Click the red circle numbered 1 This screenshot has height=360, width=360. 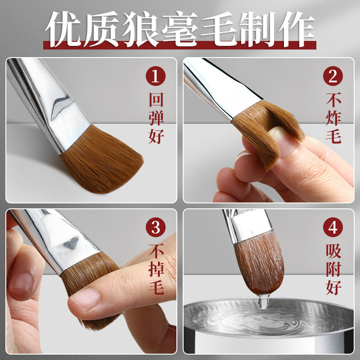[156, 76]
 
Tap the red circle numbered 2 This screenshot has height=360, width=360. [333, 76]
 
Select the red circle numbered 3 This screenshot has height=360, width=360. [156, 227]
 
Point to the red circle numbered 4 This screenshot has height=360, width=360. [333, 227]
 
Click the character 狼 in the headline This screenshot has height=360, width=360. [140, 29]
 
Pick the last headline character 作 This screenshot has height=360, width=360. [297, 29]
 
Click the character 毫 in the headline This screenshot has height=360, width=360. [180, 29]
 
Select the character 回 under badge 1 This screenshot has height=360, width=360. [156, 99]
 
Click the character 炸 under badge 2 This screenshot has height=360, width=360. [333, 118]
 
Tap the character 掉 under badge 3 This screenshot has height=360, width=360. [156, 269]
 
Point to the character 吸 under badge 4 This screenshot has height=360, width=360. [333, 251]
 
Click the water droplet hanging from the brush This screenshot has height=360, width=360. [263, 301]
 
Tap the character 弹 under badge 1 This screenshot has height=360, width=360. [156, 118]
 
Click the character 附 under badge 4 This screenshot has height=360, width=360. [333, 269]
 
